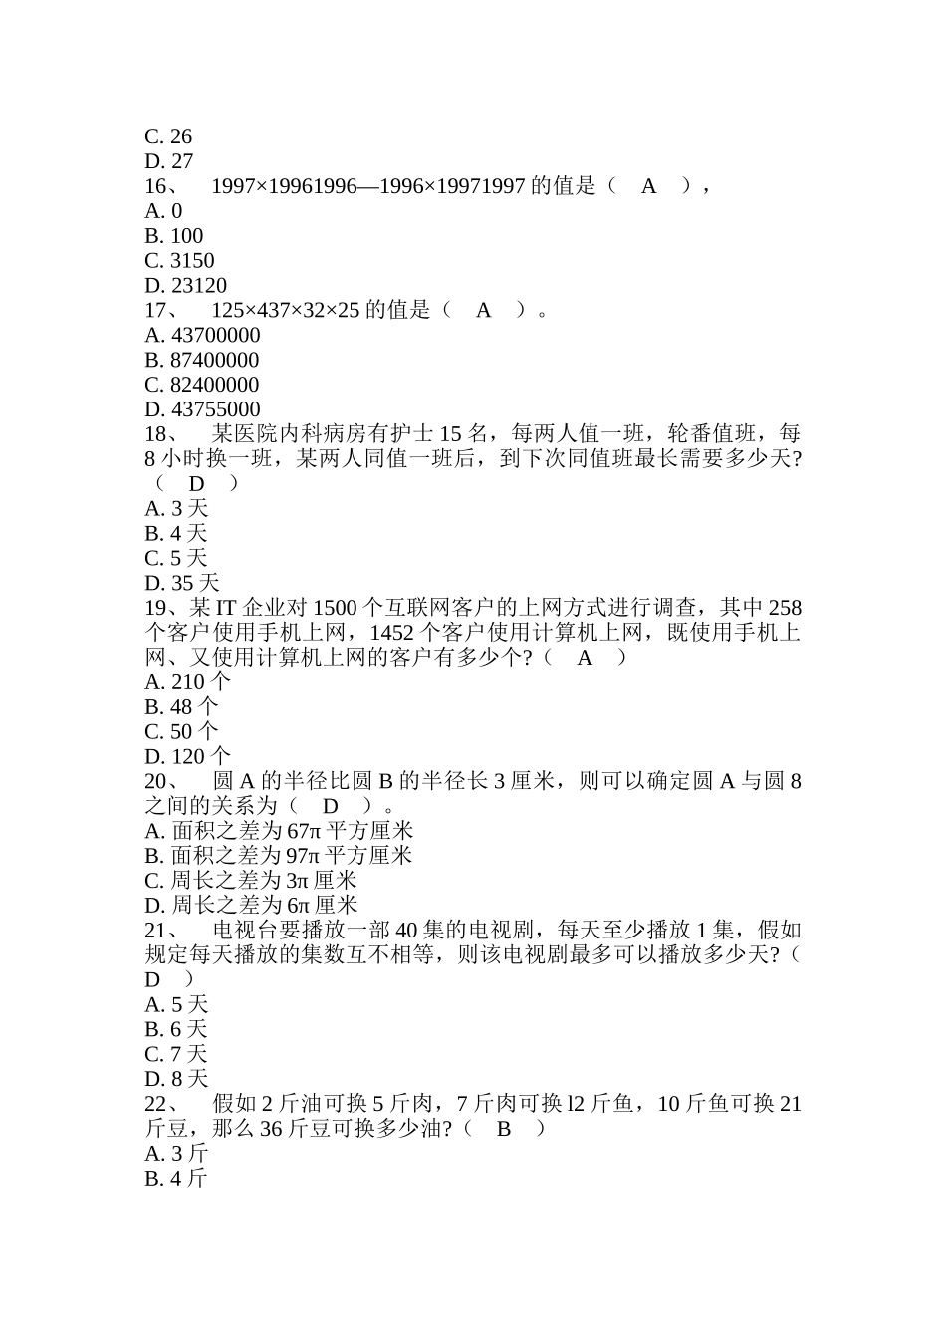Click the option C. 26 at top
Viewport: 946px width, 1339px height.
coord(168,136)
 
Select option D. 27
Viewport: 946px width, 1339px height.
coord(168,161)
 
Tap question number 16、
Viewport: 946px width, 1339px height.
coord(161,186)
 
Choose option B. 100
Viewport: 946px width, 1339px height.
coord(173,236)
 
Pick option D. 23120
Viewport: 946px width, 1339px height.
coord(185,286)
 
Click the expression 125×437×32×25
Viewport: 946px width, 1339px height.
coord(286,310)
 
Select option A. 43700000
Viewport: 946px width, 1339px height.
coord(202,336)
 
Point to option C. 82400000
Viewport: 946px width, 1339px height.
coord(201,385)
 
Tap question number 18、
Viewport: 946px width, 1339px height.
coord(161,434)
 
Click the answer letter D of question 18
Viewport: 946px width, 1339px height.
coord(197,484)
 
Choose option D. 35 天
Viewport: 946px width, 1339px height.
coord(181,583)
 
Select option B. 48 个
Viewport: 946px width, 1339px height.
coord(180,707)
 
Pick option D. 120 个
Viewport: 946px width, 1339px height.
coord(187,757)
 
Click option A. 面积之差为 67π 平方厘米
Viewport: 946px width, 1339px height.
coord(279,831)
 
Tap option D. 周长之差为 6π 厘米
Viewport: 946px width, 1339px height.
coord(251,906)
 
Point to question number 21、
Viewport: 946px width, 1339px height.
coord(161,931)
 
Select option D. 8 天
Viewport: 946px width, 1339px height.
coord(176,1079)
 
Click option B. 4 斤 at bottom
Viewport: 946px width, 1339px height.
coord(176,1179)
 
